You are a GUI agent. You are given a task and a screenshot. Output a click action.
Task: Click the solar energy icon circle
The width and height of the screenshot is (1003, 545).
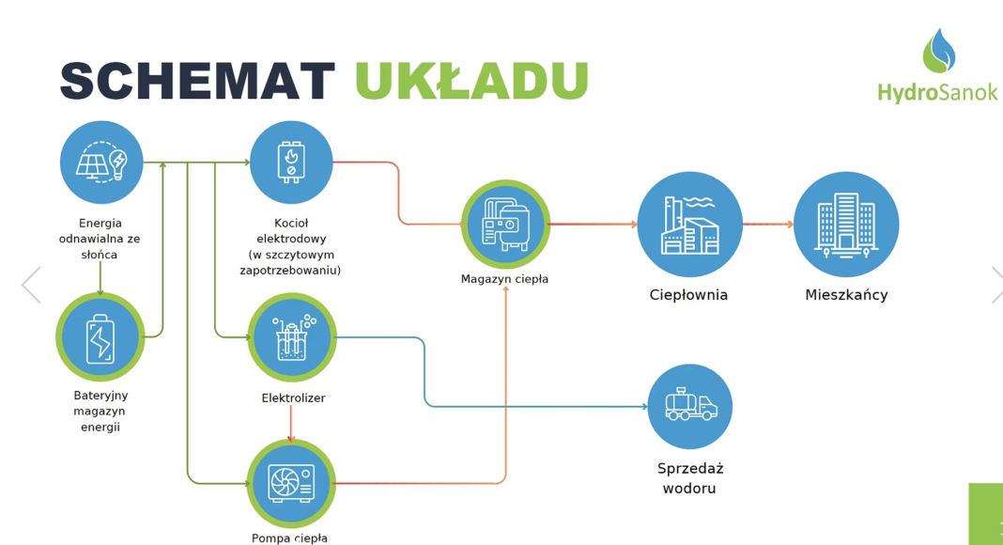pyautogui.click(x=101, y=163)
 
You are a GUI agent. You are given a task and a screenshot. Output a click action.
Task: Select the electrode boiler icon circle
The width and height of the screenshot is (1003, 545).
pyautogui.click(x=291, y=163)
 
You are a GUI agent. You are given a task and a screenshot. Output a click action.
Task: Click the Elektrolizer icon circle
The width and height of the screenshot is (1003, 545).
pyautogui.click(x=292, y=337)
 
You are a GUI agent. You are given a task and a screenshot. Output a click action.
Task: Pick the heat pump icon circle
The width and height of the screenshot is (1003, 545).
pyautogui.click(x=291, y=483)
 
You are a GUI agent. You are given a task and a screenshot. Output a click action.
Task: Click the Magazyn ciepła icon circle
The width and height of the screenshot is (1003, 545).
pyautogui.click(x=505, y=225)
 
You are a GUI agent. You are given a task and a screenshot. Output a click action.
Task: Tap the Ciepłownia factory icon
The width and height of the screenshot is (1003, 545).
pyautogui.click(x=690, y=225)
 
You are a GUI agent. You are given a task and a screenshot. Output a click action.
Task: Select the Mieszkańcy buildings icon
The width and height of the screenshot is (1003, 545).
pyautogui.click(x=846, y=225)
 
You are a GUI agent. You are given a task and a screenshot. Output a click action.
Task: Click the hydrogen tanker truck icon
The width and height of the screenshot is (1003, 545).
pyautogui.click(x=690, y=407)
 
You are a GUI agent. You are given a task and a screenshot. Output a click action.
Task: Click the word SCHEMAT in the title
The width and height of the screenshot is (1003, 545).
pyautogui.click(x=197, y=82)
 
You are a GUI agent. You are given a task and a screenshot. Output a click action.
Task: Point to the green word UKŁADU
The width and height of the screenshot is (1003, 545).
pyautogui.click(x=471, y=82)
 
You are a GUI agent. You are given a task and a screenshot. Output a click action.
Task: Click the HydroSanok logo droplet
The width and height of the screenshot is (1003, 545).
pyautogui.click(x=938, y=51)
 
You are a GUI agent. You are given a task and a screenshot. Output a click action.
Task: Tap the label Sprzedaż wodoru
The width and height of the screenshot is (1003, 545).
pyautogui.click(x=690, y=478)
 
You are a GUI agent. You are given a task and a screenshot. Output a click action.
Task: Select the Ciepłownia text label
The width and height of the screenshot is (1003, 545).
pyautogui.click(x=688, y=295)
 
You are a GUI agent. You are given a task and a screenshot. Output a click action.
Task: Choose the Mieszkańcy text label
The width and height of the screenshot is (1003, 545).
pyautogui.click(x=846, y=295)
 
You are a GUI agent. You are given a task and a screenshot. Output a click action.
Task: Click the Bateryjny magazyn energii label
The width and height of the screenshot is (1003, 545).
pyautogui.click(x=100, y=411)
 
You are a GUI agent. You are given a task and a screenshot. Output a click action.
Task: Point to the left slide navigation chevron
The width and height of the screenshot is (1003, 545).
pyautogui.click(x=31, y=285)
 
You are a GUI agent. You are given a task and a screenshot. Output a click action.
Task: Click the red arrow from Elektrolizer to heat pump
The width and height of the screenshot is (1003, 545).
pyautogui.click(x=291, y=427)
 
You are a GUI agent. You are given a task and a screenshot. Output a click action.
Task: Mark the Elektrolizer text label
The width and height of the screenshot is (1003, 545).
pyautogui.click(x=293, y=398)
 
